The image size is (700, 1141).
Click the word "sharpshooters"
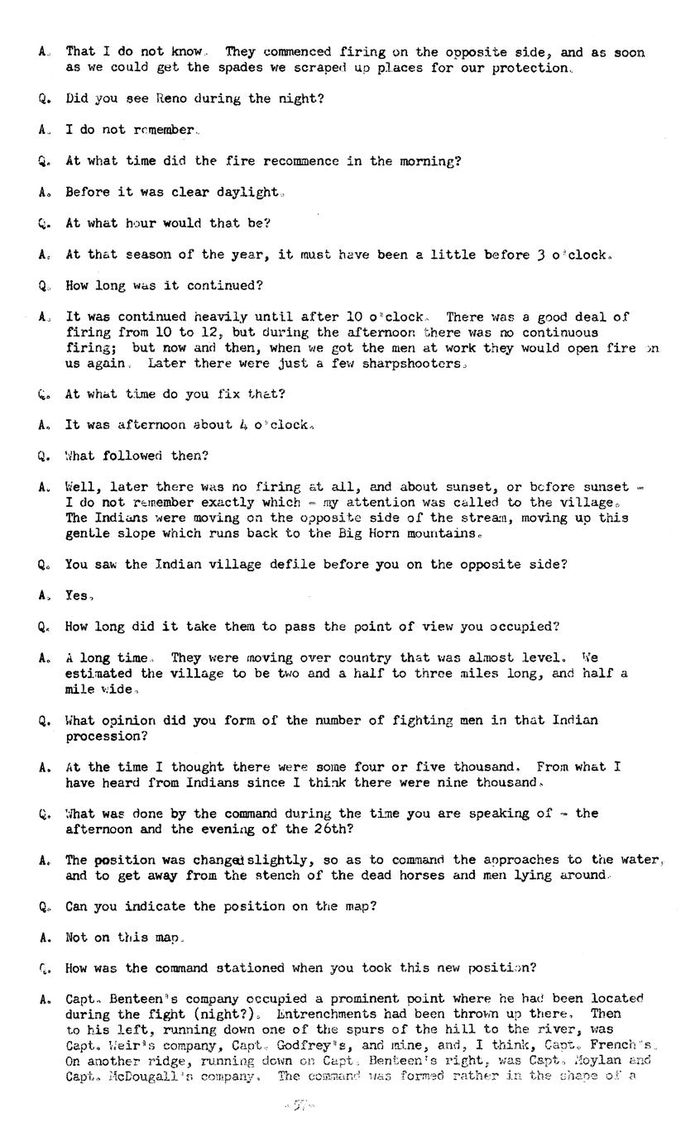(411, 363)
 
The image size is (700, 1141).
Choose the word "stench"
(278, 875)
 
